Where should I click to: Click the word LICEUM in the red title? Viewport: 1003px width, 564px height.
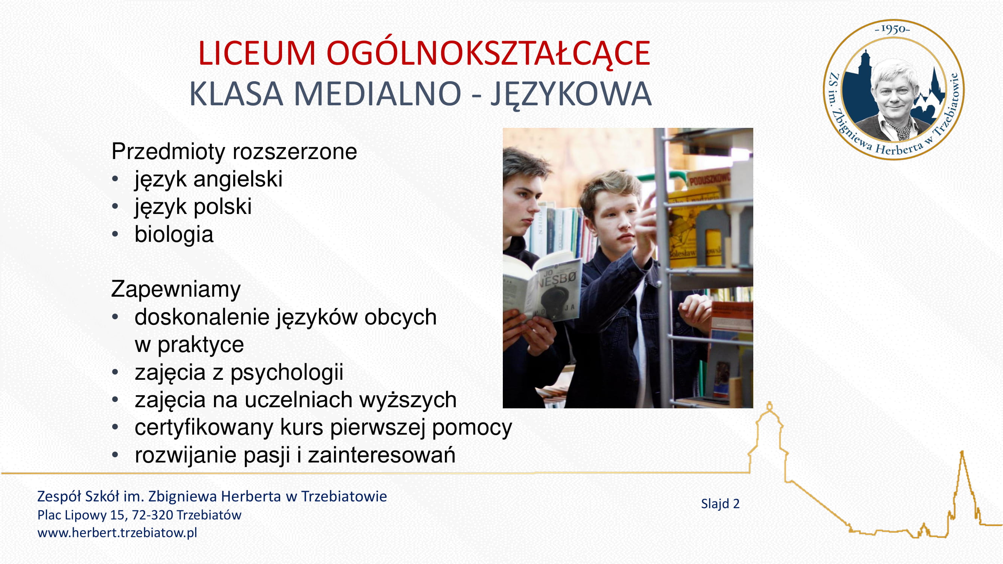click(x=256, y=53)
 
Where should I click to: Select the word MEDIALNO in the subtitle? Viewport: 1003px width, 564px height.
click(x=377, y=93)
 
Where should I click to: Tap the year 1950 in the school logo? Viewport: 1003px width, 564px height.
click(x=892, y=29)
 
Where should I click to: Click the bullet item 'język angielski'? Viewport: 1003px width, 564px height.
click(x=208, y=179)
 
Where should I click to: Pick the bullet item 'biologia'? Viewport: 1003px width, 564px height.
click(x=174, y=234)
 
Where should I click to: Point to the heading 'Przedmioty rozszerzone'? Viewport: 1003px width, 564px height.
click(x=234, y=151)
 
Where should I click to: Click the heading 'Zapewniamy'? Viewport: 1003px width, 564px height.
click(x=176, y=289)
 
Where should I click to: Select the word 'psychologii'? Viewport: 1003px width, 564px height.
click(x=287, y=373)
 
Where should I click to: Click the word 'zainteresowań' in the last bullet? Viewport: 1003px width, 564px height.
click(x=382, y=455)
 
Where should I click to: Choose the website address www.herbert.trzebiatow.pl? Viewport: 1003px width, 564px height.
click(x=117, y=532)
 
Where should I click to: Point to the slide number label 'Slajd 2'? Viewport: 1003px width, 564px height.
click(x=720, y=504)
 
